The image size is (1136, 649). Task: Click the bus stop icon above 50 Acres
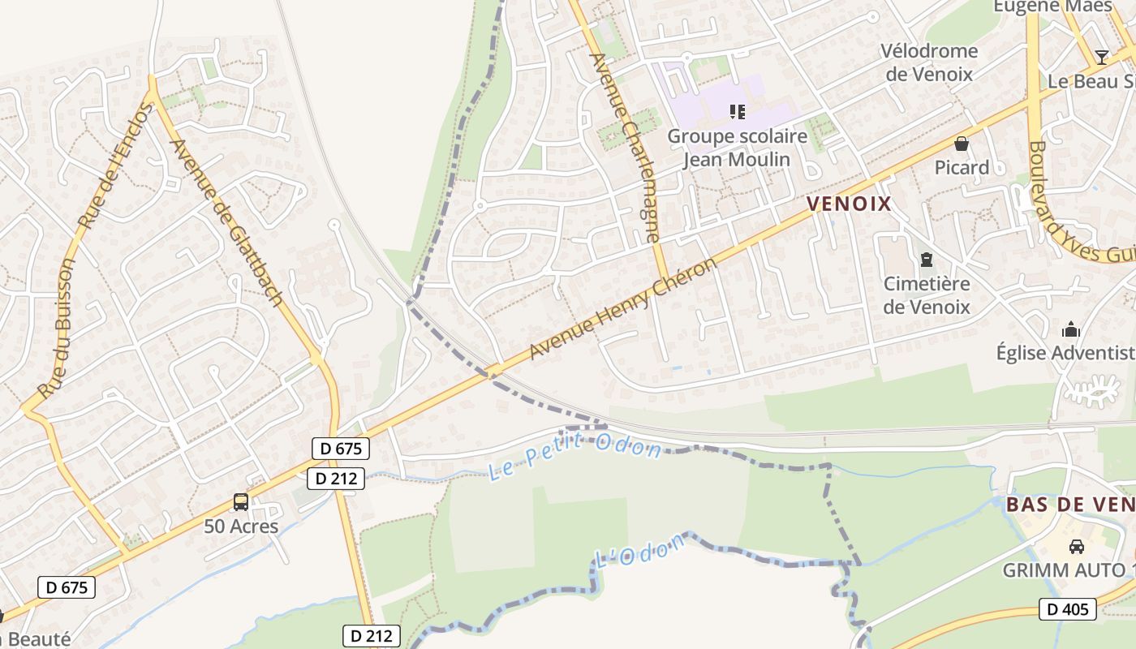[x=241, y=502]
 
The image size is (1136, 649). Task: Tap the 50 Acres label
[x=241, y=527]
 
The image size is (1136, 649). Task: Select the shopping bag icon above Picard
[x=962, y=144]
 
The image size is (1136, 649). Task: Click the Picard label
[x=962, y=168]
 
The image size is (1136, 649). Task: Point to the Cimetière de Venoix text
[x=927, y=295]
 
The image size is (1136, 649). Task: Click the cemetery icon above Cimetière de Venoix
[x=926, y=260]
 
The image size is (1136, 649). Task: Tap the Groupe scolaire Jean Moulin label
[x=737, y=148]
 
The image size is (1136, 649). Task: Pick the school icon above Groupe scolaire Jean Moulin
[x=737, y=111]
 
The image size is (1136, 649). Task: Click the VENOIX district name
[x=849, y=204]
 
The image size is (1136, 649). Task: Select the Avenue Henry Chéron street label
[x=623, y=309]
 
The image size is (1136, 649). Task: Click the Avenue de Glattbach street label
[x=226, y=223]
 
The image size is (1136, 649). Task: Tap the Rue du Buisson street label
[x=58, y=328]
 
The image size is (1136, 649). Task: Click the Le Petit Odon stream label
[x=574, y=455]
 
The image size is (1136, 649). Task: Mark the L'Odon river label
[x=640, y=555]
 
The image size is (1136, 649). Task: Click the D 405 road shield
[x=1067, y=609]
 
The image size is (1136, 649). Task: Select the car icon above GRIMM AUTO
[x=1077, y=546]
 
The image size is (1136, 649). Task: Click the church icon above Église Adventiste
[x=1071, y=329]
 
